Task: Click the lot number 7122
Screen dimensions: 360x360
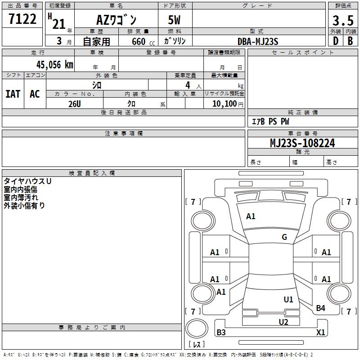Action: [x=22, y=19]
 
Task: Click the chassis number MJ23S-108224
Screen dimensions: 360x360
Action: [x=302, y=143]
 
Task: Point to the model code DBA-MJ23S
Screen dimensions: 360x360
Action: [x=258, y=41]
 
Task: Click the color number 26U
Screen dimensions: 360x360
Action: [x=74, y=103]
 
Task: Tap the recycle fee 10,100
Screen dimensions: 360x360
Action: [x=224, y=103]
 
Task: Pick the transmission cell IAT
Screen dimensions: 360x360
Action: [x=13, y=94]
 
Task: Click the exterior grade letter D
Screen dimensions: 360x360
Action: [x=335, y=41]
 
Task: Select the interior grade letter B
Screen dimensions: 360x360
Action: [x=350, y=41]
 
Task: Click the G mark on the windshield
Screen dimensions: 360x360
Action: [x=284, y=237]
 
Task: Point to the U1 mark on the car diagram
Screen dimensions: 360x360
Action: [x=288, y=299]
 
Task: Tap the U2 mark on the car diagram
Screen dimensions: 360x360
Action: [x=283, y=321]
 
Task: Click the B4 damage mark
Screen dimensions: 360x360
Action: [x=320, y=308]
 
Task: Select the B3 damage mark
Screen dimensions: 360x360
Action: [x=221, y=333]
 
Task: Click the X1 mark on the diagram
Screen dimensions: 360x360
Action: [x=320, y=333]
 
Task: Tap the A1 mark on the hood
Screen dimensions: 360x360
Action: [x=251, y=216]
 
